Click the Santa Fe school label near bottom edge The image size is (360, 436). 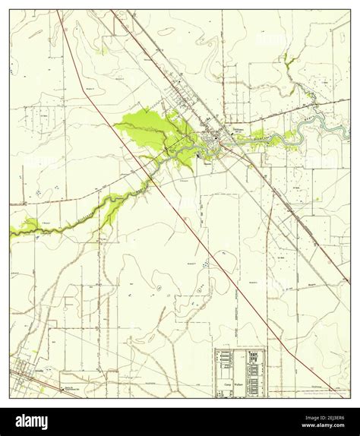[72, 388]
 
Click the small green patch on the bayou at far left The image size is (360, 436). [28, 225]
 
